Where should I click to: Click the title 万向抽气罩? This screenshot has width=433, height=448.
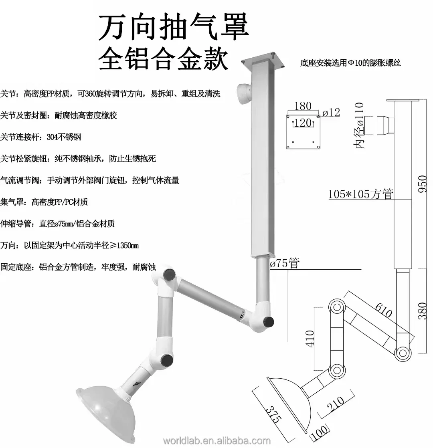[174, 28]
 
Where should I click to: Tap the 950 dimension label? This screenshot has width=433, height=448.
[422, 183]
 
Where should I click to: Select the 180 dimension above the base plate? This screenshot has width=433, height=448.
[303, 106]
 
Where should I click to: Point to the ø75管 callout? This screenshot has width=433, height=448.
[285, 263]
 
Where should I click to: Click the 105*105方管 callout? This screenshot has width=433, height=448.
[361, 194]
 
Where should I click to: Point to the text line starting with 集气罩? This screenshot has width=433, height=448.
[44, 202]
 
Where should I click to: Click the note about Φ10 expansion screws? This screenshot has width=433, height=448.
[350, 63]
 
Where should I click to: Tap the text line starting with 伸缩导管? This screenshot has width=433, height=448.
[58, 224]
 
